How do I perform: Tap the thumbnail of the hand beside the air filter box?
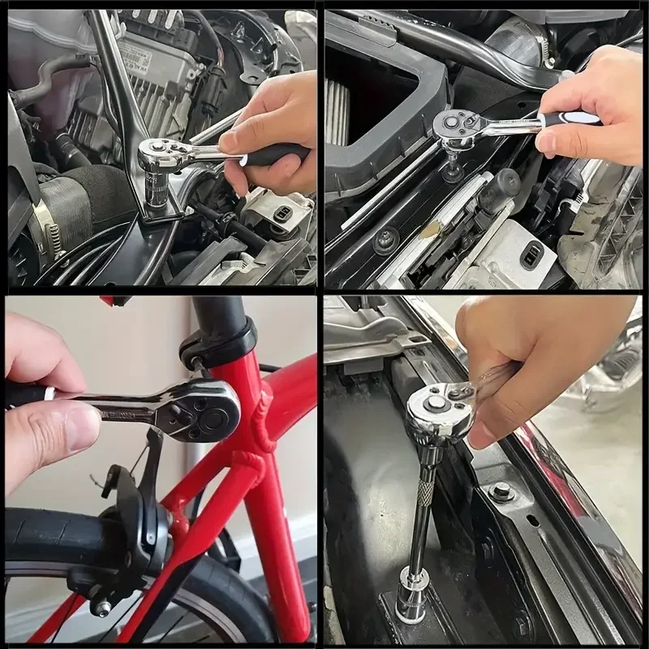[x=546, y=144]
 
